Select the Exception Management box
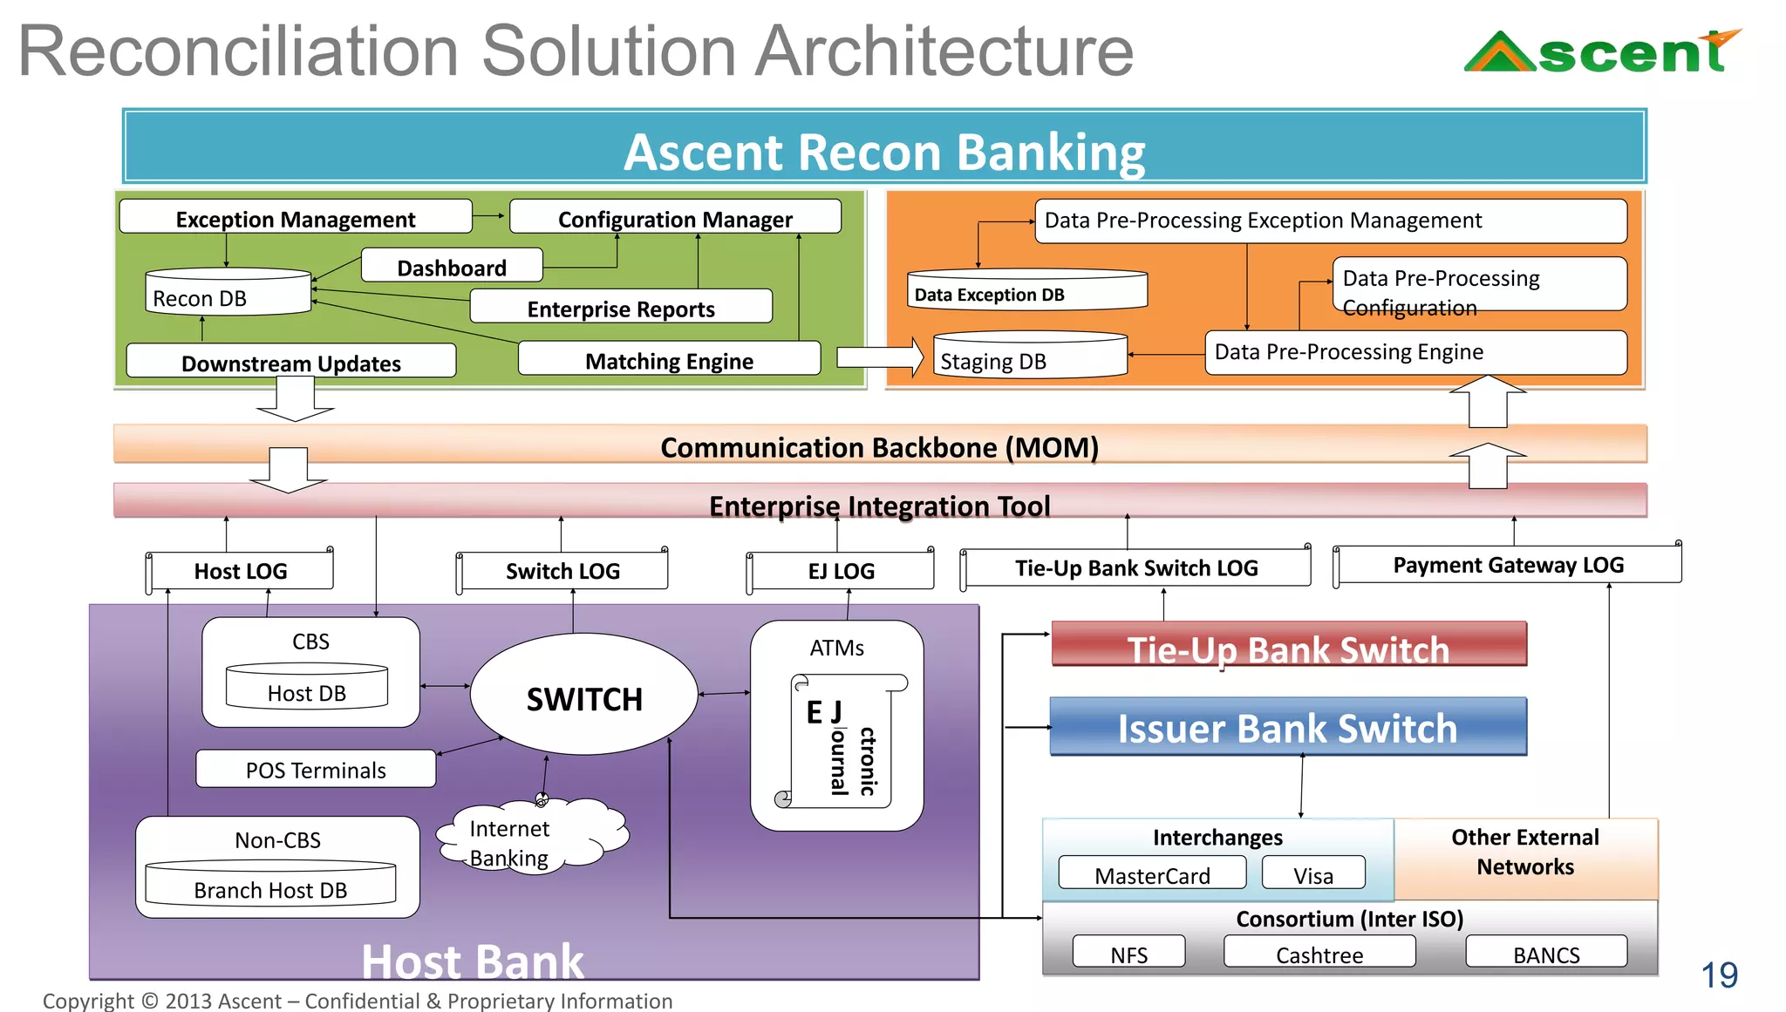tap(295, 218)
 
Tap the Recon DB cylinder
tap(227, 293)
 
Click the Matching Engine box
tap(669, 359)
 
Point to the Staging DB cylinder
tap(1029, 357)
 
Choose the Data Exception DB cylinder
tap(1026, 291)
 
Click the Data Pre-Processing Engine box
tap(1414, 352)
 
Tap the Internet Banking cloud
tap(532, 837)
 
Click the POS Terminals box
tap(315, 769)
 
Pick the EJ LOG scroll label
tap(841, 571)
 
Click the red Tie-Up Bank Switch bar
tap(1288, 645)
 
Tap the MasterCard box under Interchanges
tap(1151, 873)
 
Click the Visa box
tap(1312, 873)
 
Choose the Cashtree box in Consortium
tap(1319, 953)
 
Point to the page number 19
tap(1719, 975)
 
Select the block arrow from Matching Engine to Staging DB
tap(878, 357)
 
